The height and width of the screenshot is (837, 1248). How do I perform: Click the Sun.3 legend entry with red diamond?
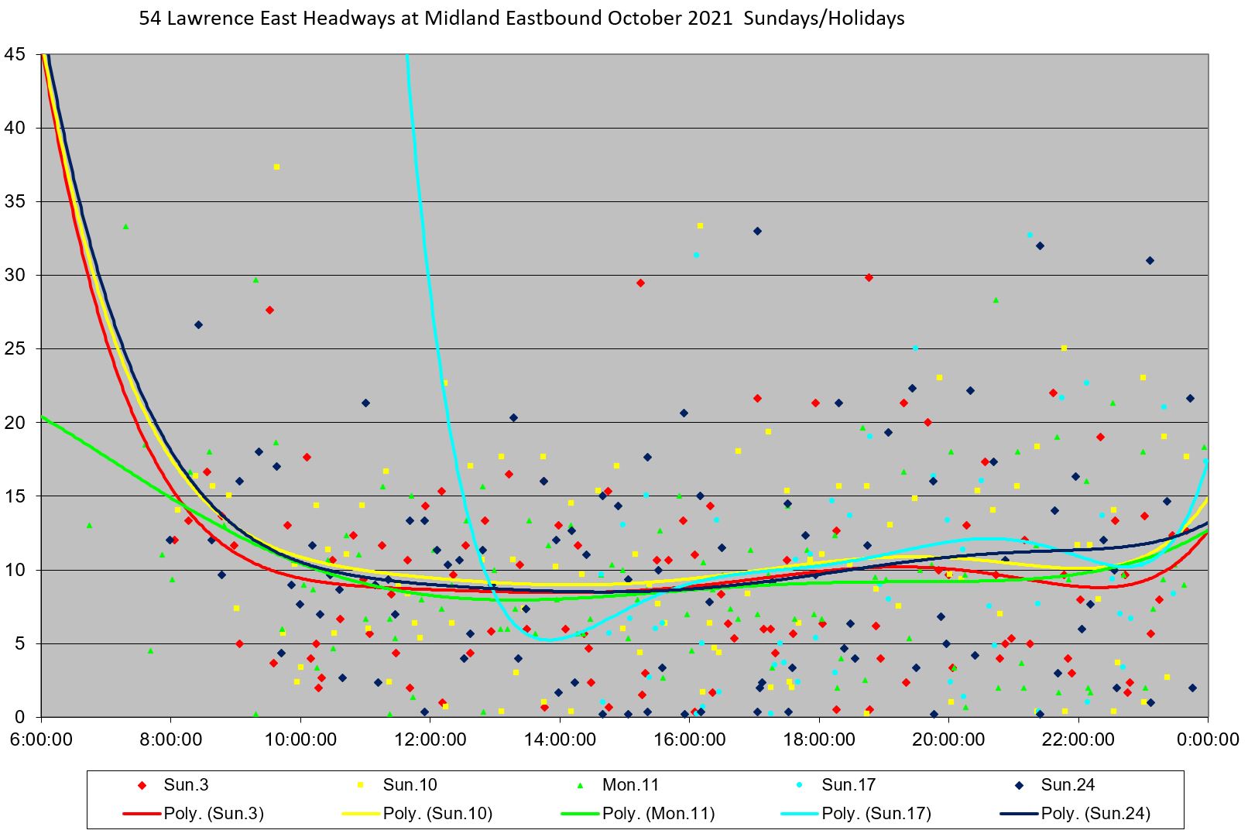click(x=186, y=784)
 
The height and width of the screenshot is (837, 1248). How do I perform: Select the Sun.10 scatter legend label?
click(x=410, y=784)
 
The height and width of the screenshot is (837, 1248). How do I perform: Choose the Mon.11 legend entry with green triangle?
click(x=630, y=784)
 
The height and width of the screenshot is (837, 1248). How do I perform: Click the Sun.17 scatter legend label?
click(x=849, y=784)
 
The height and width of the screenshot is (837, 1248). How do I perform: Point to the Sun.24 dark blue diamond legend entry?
click(x=1068, y=784)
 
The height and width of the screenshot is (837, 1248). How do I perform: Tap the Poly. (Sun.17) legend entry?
click(x=876, y=813)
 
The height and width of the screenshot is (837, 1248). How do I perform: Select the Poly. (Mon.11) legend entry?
click(x=658, y=813)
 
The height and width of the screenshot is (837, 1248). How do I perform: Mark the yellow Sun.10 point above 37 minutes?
click(x=276, y=166)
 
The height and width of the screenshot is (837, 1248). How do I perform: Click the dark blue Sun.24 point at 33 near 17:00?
click(x=757, y=231)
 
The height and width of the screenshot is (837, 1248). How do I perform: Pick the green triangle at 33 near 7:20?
click(x=125, y=227)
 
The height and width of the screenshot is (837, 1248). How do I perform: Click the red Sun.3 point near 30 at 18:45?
click(x=869, y=277)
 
